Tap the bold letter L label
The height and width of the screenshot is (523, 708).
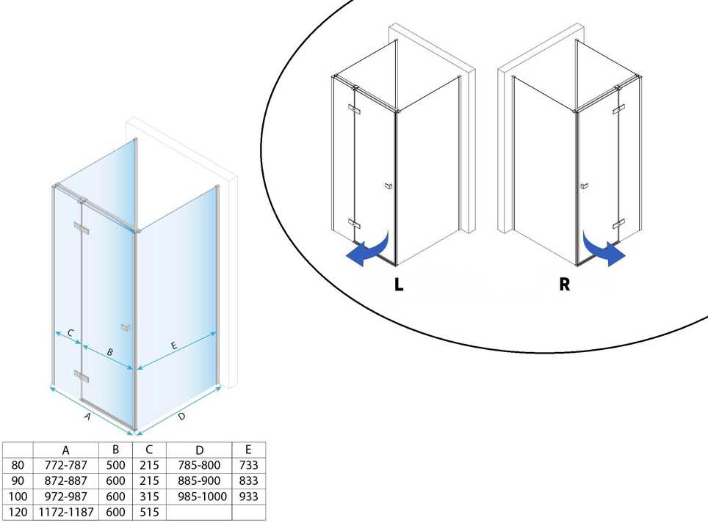coord(399,285)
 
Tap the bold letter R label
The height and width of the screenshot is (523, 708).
coord(564,285)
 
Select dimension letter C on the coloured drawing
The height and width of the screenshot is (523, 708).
coord(71,333)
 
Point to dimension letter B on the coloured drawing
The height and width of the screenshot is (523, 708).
coord(109,352)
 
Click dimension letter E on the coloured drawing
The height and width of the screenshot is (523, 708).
coord(174,345)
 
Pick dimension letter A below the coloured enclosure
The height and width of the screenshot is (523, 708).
coord(87,416)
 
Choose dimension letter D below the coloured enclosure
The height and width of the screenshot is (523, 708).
coord(181,416)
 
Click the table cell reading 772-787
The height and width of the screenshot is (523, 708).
coord(66,465)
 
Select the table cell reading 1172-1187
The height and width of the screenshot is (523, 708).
coord(66,512)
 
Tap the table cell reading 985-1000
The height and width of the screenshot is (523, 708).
coord(199,497)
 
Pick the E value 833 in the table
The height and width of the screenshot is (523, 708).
coord(249,480)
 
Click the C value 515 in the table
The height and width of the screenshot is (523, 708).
coord(149,512)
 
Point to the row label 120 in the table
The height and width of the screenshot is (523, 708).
coord(18,512)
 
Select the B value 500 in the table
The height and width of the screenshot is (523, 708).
coord(115,465)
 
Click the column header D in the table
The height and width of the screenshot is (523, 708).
coord(200,450)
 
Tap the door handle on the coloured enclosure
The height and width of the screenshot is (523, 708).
coord(126,328)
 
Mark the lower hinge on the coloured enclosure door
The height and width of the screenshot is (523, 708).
coord(82,376)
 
